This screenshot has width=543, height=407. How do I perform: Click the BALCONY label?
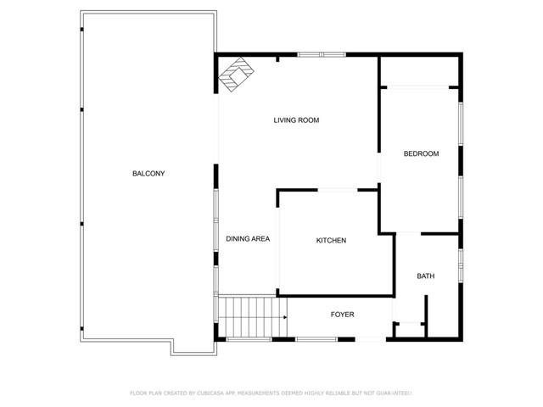tap(148, 174)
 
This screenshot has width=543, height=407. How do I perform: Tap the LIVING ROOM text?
tap(296, 120)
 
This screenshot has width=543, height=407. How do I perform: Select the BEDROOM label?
tap(421, 153)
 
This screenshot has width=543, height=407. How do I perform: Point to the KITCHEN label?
tap(331, 241)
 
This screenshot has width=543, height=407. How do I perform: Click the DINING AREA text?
tap(248, 239)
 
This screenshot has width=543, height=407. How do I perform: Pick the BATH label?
tap(425, 276)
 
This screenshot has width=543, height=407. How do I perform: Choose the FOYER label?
tap(342, 315)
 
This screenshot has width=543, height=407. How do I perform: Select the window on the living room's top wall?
tap(322, 55)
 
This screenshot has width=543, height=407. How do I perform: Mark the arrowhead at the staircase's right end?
tap(282, 316)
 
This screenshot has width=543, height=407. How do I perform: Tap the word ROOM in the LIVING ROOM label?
tap(308, 120)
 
